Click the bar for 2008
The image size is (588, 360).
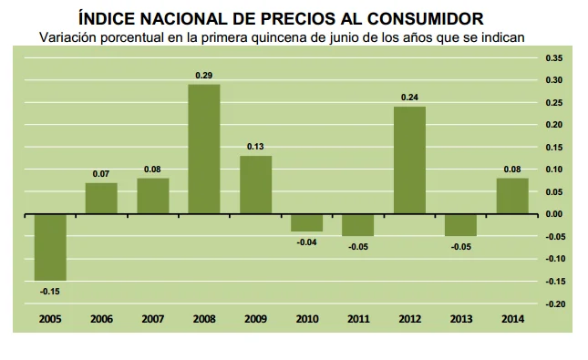204,149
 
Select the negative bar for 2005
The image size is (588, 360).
50,247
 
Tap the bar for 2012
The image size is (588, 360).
409,160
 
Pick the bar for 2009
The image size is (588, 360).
255,185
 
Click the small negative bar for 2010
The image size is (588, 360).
307,223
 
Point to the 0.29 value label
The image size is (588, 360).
204,76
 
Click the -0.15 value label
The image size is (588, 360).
50,292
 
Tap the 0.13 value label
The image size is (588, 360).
255,148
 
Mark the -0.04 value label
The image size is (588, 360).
307,242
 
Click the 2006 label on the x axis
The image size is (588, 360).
101,319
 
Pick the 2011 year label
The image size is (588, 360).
358,319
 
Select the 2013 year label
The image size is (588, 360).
460,319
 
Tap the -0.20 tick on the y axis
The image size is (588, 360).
554,303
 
